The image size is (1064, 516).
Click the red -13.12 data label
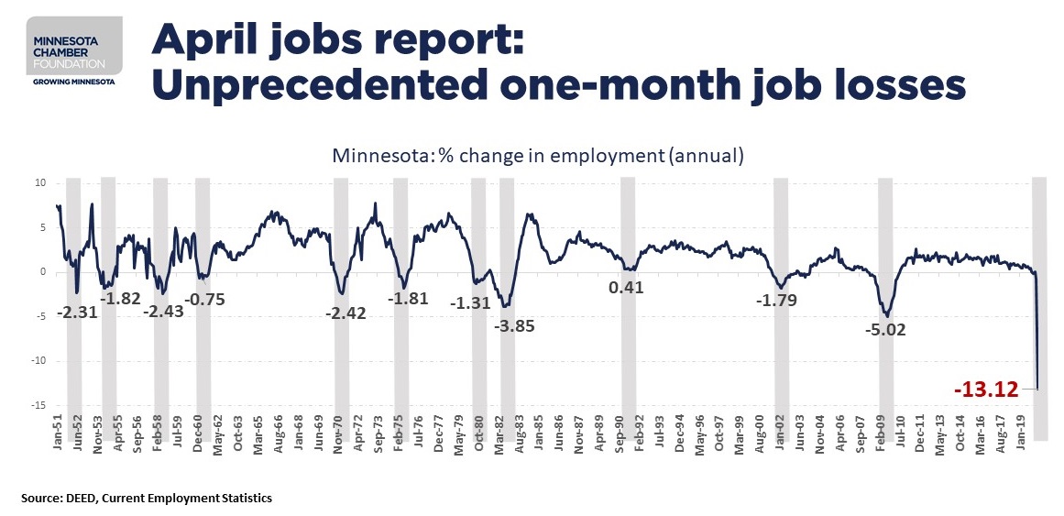point(986,390)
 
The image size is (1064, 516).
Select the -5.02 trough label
point(884,329)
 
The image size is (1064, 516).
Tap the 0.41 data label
point(626,287)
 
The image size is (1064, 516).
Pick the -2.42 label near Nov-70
point(346,313)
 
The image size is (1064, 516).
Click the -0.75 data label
point(205,299)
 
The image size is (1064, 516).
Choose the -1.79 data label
point(775,300)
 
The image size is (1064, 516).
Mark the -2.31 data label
point(77,312)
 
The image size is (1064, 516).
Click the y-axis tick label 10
point(39,183)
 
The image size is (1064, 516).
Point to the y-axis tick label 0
point(42,272)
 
